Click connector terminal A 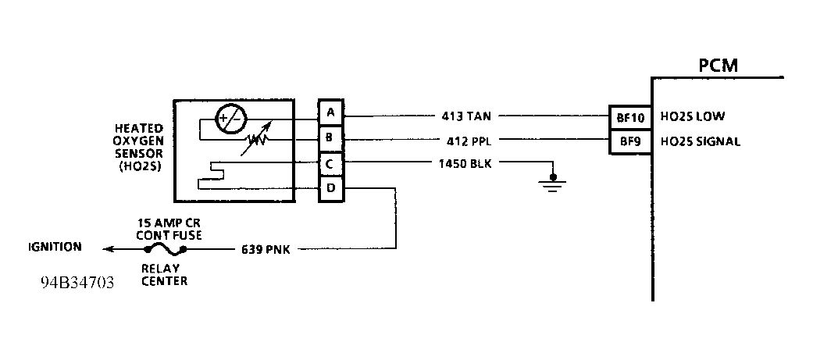(330, 112)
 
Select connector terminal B (330, 137)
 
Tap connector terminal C (330, 163)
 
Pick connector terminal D (330, 188)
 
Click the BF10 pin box (631, 117)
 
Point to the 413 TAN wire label (467, 116)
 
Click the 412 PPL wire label (467, 141)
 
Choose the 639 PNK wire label (267, 250)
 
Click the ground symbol (554, 184)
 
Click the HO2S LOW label (693, 117)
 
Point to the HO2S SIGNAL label (700, 141)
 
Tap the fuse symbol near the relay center (164, 249)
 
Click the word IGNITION (55, 247)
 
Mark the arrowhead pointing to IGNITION (108, 249)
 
